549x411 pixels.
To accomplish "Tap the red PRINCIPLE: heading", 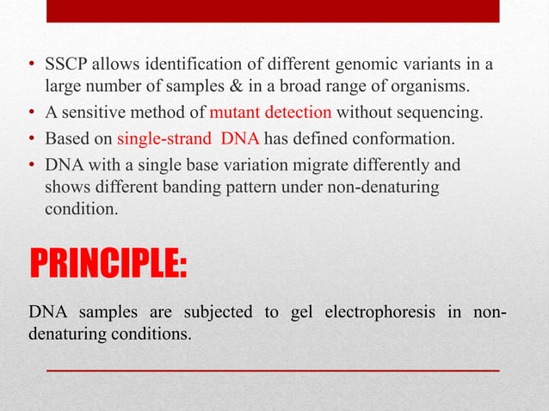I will (108, 263).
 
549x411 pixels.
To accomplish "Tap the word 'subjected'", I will (218, 311).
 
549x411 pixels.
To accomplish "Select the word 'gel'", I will (301, 311).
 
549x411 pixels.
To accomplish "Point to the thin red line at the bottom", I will (272, 370).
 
